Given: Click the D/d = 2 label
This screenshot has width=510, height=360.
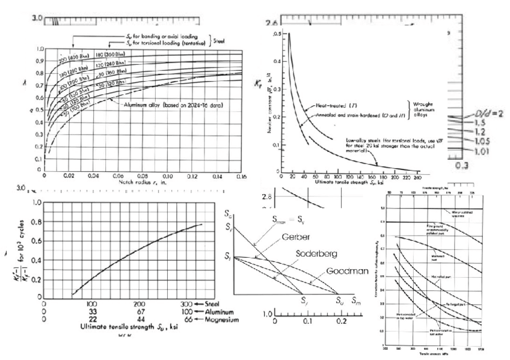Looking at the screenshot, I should (x=488, y=114).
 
